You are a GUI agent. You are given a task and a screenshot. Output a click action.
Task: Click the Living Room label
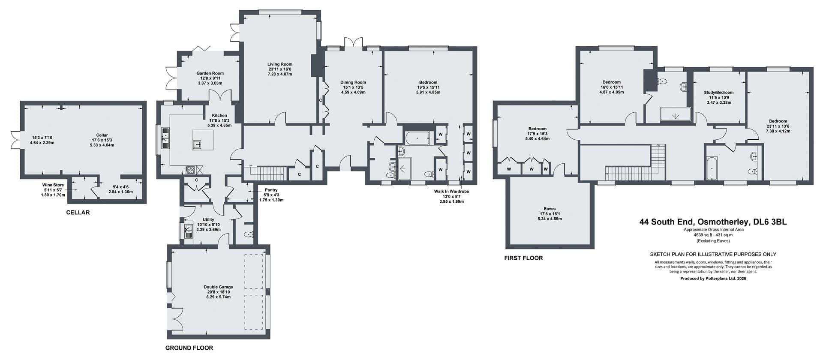tap(280, 64)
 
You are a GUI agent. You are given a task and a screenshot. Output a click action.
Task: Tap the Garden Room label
tap(210, 73)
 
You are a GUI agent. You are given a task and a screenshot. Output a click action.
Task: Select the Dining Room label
tap(353, 82)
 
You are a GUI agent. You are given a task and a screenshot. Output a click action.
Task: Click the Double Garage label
tap(218, 287)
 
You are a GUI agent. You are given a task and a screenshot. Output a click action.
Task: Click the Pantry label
tap(271, 190)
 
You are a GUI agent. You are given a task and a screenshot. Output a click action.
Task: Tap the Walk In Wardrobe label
tap(451, 192)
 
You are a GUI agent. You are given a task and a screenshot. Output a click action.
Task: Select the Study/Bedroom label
tap(719, 93)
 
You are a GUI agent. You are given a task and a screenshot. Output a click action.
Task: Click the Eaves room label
tap(550, 209)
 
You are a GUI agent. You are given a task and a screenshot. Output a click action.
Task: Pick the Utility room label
tap(208, 220)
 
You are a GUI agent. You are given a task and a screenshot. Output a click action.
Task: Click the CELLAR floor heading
tap(78, 213)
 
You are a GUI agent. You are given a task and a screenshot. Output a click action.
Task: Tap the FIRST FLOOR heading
tap(523, 258)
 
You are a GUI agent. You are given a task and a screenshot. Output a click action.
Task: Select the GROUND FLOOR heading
tap(189, 348)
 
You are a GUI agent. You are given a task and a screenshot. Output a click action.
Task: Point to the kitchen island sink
tap(198, 144)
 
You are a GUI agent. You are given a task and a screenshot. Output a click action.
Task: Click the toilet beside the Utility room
tap(249, 235)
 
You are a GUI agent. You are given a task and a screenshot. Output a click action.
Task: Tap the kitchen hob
tap(190, 169)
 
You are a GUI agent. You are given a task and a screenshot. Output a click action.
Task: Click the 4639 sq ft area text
tap(713, 235)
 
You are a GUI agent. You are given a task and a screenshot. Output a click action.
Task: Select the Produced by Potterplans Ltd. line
tap(713, 278)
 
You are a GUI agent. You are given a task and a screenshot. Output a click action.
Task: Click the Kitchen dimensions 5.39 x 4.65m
tap(219, 126)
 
